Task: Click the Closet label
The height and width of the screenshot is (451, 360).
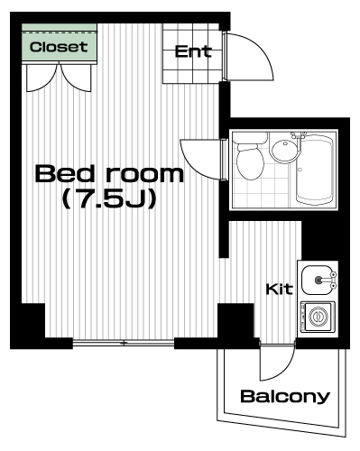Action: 59,47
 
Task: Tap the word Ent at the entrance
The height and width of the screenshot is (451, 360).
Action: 193,51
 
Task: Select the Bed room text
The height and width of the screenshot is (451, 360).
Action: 109,173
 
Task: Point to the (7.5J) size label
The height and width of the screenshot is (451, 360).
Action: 109,198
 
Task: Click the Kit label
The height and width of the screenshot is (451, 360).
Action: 279,289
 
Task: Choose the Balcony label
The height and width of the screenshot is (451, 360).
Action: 285,396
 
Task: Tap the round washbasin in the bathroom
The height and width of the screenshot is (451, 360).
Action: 284,149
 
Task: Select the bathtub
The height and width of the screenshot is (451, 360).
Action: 315,170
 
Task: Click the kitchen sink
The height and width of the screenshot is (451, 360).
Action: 316,281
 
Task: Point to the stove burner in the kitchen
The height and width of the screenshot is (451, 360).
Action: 318,317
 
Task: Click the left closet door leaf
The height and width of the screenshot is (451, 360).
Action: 42,78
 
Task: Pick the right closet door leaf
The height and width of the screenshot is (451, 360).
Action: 76,78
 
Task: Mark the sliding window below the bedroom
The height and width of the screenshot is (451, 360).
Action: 124,343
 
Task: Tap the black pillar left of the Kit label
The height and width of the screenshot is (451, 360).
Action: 235,321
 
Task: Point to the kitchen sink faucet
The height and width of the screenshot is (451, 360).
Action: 327,280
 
